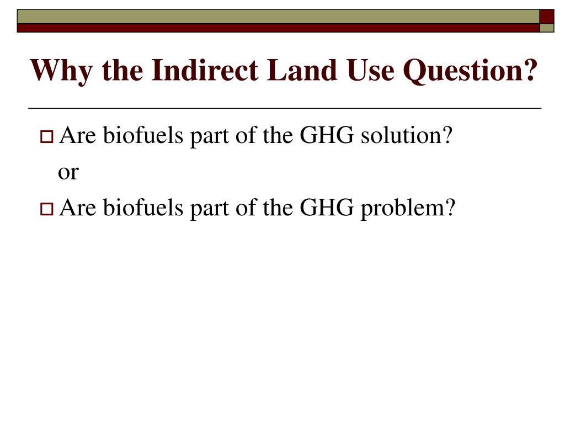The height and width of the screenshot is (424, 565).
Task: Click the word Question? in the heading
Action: click(x=470, y=71)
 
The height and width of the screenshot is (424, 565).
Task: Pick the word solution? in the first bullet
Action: click(x=406, y=135)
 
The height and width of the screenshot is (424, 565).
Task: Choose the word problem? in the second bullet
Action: click(x=409, y=208)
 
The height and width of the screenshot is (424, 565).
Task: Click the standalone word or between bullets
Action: click(x=68, y=172)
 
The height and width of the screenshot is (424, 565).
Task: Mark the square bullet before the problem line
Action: click(x=46, y=209)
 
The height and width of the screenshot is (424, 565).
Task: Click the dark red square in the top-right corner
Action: click(x=546, y=16)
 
